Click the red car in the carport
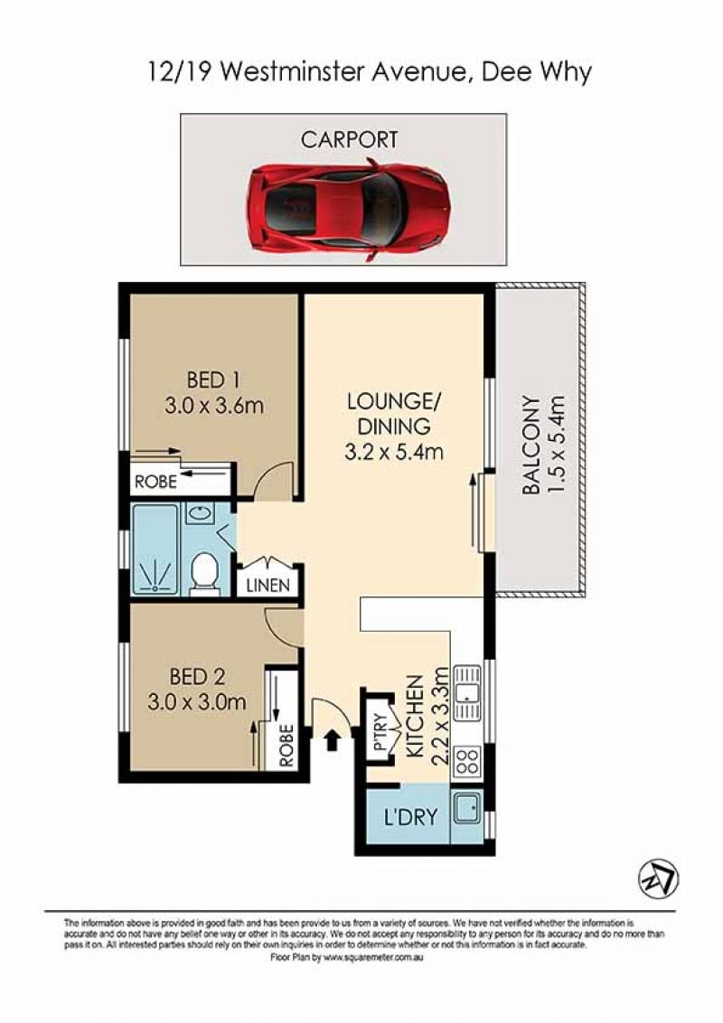[x=349, y=210]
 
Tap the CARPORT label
[x=349, y=139]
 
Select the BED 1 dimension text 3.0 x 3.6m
[x=215, y=406]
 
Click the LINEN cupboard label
[x=268, y=585]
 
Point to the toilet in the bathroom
[x=205, y=574]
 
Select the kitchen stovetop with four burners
[x=467, y=761]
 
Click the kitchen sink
[x=467, y=693]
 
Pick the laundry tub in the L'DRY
[x=467, y=808]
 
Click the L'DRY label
[x=409, y=817]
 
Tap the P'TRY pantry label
[x=380, y=731]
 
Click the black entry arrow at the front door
[x=333, y=740]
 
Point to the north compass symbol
[x=658, y=878]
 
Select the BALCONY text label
[x=531, y=445]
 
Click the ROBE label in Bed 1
[x=155, y=482]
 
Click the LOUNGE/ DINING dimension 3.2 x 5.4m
[x=394, y=452]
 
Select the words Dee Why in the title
[x=536, y=71]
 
